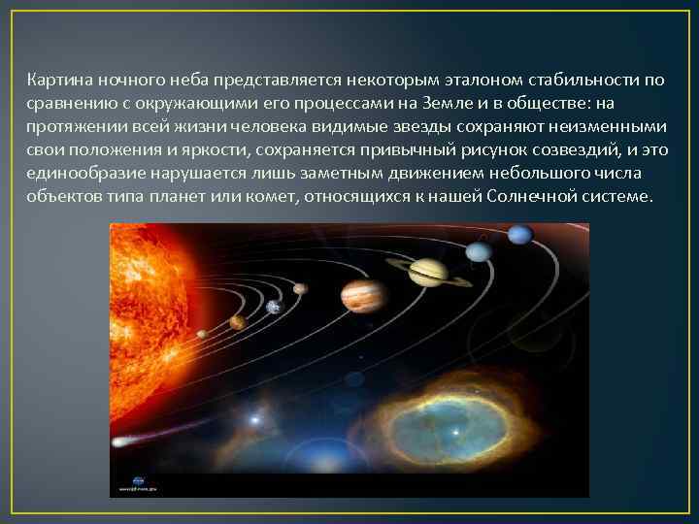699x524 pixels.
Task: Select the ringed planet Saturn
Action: coord(427,272)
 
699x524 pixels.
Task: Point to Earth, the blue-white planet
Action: coord(274,307)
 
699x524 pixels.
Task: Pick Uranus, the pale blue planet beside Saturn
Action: coord(479,251)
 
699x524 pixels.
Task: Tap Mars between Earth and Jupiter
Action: coord(301,288)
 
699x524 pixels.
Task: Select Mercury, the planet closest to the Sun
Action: coord(201,334)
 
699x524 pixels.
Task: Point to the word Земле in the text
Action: coord(468,102)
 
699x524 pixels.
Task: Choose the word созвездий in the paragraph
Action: coord(561,148)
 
